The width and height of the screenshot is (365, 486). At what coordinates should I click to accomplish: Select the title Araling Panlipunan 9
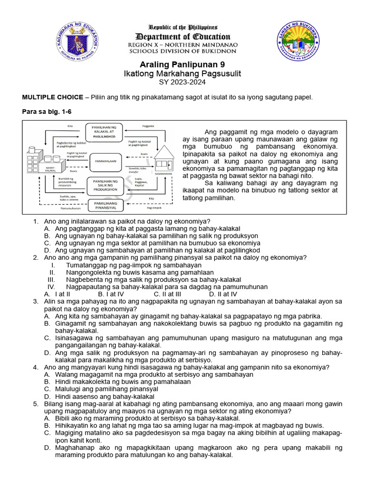click(182, 65)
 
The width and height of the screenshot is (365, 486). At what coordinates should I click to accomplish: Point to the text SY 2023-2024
click(182, 83)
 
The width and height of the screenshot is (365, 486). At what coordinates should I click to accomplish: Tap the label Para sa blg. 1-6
click(47, 112)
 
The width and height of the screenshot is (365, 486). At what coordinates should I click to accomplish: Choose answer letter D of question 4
click(47, 396)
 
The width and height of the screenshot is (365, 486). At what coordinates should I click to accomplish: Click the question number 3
click(36, 301)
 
